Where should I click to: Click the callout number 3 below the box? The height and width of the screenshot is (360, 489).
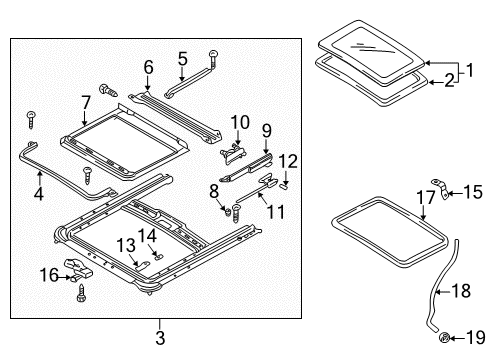pos(160,338)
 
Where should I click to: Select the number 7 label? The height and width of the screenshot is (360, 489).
pos(86,103)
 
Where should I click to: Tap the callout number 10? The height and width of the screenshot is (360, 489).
pos(240,122)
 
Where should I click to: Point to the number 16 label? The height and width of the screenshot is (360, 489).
pos(49,275)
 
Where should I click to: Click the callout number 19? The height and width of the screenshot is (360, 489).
pos(476,338)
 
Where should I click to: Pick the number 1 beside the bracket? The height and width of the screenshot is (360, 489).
pos(469,70)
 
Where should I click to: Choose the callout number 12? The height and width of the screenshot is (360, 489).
pos(288,161)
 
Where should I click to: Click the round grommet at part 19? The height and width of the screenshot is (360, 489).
pos(444,337)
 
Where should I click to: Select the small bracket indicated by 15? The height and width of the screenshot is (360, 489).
pos(440,188)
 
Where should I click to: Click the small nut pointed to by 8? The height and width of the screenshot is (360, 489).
pos(227,211)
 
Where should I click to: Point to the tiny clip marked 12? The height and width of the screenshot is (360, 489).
pos(284,186)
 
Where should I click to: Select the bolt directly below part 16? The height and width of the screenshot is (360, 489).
pos(81,292)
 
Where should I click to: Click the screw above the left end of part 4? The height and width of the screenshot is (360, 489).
pos(31,120)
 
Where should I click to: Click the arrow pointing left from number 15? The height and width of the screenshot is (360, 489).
pos(455,193)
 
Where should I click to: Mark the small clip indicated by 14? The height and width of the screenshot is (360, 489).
pos(158,256)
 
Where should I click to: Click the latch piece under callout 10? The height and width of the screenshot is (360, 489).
pos(232,154)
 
